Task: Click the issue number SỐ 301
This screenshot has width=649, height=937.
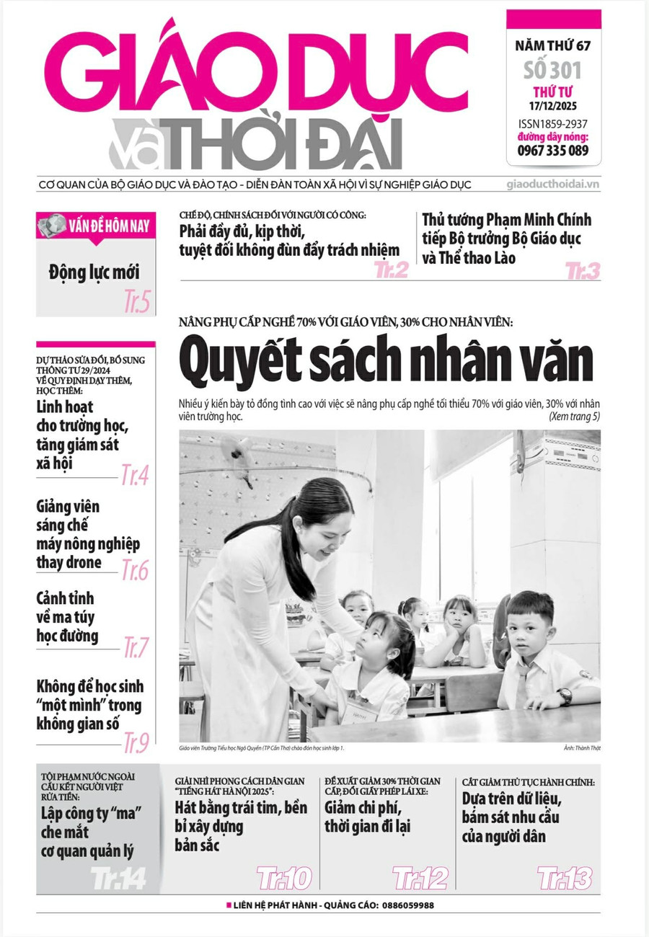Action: click(x=553, y=71)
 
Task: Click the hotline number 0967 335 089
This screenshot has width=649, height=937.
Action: click(x=553, y=151)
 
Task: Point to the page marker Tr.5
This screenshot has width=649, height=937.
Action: click(x=137, y=301)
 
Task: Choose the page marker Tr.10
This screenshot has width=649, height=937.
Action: click(x=284, y=878)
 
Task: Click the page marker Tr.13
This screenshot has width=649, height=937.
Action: click(x=565, y=878)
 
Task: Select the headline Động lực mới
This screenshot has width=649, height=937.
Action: click(x=94, y=272)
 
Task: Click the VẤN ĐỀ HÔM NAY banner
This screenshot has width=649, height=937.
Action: click(x=95, y=226)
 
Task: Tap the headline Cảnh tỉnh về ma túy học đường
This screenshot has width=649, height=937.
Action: click(x=67, y=617)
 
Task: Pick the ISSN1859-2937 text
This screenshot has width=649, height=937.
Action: click(x=553, y=123)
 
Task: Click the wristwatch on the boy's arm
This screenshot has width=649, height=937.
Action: click(x=564, y=696)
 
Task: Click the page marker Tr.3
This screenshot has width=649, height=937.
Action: click(x=583, y=272)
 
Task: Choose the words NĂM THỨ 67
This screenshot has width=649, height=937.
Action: click(x=553, y=47)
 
